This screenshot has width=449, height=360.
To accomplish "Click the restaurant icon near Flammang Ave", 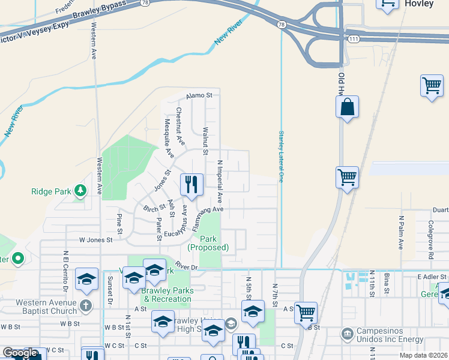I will [x=191, y=184].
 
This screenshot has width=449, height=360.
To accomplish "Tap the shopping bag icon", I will [x=348, y=108].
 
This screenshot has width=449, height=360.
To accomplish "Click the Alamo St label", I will [x=199, y=95].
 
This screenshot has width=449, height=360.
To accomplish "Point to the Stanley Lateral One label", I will [x=280, y=156].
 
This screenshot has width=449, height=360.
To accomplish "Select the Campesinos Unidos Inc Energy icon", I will [x=347, y=334].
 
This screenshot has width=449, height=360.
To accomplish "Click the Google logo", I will [x=20, y=353].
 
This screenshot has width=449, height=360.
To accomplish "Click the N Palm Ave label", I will [x=400, y=233].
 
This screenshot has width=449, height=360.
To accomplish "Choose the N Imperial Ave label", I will [x=220, y=180].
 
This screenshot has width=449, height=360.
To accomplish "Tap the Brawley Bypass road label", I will [x=100, y=11].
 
